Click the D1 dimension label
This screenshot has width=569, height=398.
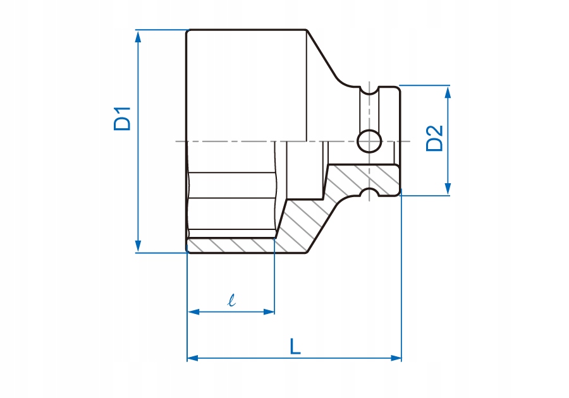(122, 119)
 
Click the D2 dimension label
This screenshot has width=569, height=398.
(434, 138)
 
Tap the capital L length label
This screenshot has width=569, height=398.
(295, 346)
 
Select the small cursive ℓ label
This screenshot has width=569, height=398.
(231, 300)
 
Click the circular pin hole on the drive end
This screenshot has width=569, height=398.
(369, 141)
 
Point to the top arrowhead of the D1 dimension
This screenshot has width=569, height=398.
(138, 37)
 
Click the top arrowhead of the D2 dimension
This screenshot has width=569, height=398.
(448, 93)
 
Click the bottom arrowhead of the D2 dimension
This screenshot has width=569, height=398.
(448, 188)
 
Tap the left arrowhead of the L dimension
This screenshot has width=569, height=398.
(193, 358)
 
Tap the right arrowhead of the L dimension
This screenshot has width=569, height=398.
(396, 358)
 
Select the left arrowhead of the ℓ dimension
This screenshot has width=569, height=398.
(194, 311)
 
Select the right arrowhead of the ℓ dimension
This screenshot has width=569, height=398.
(269, 311)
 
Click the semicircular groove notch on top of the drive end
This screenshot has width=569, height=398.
(369, 90)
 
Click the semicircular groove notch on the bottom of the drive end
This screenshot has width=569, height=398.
(369, 192)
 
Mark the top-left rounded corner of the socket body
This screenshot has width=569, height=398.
(188, 32)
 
